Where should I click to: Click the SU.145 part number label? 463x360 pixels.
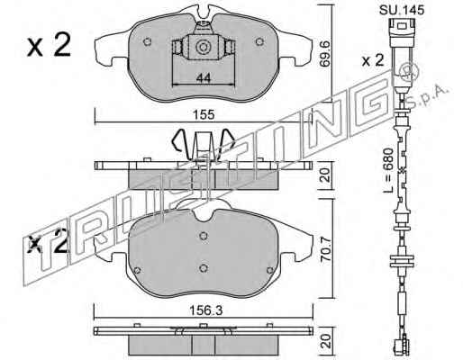tap(402, 10)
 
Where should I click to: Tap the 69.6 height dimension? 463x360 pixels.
tap(325, 54)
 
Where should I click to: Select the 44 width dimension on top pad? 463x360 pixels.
tap(204, 78)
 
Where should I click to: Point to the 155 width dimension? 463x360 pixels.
tap(204, 115)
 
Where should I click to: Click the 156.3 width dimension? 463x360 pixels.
tap(205, 310)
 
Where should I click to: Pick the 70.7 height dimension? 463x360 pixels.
tap(325, 250)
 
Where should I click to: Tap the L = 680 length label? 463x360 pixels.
tap(389, 170)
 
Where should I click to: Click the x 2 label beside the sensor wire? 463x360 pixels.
tap(373, 60)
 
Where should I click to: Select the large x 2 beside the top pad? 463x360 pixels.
tap(49, 45)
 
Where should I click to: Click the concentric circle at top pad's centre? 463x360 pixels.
tap(202, 47)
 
